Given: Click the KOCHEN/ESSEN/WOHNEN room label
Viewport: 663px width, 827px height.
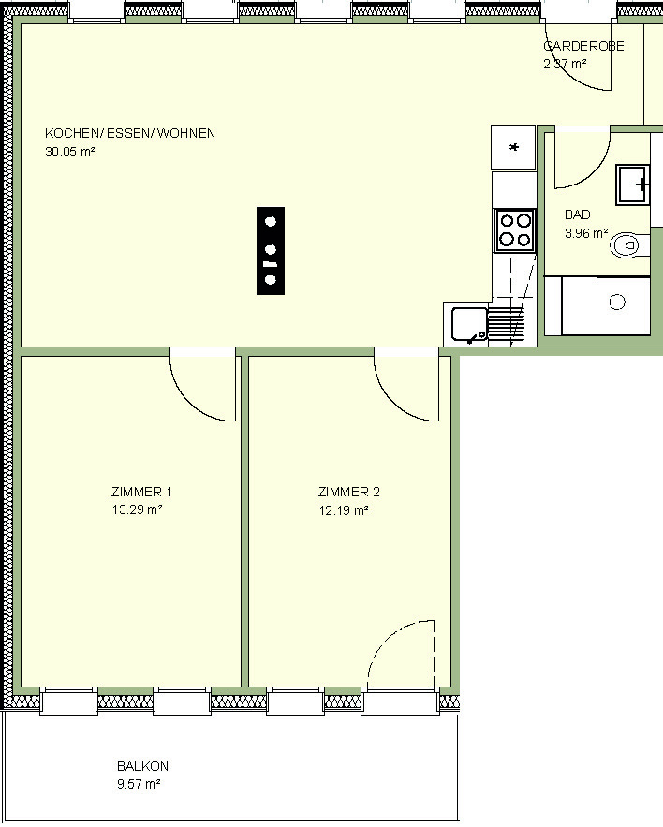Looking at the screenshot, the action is [x=130, y=133].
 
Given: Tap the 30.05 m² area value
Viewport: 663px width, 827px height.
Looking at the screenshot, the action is [x=69, y=152].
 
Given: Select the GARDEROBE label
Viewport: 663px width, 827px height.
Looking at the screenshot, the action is [x=584, y=46].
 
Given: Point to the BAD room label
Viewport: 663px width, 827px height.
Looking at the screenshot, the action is [x=578, y=214].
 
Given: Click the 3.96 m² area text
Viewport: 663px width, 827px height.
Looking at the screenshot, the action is [x=586, y=232].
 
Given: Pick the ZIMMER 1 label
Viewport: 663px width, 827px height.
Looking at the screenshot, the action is [x=141, y=492].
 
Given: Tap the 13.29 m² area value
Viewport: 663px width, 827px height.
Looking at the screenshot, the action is [x=137, y=509].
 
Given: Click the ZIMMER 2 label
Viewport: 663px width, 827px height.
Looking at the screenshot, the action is [x=348, y=492].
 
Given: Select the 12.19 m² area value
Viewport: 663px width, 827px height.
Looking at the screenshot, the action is [x=344, y=510].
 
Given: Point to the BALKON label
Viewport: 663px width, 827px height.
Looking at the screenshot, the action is [x=143, y=766].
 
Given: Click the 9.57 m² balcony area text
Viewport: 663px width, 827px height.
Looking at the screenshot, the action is [x=139, y=784].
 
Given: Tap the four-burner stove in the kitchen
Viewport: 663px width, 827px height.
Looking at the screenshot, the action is [x=515, y=230].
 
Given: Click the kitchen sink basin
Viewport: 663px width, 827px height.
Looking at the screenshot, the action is [x=469, y=324].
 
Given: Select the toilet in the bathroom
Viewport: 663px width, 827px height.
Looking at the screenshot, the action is [x=627, y=245].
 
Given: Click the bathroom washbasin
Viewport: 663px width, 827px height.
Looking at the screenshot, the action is [x=632, y=185].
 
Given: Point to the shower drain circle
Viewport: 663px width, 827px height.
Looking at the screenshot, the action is [x=617, y=303].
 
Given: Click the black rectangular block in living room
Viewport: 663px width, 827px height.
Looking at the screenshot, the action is [x=271, y=251].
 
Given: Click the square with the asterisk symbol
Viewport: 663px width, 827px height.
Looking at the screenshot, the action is [x=513, y=147].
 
